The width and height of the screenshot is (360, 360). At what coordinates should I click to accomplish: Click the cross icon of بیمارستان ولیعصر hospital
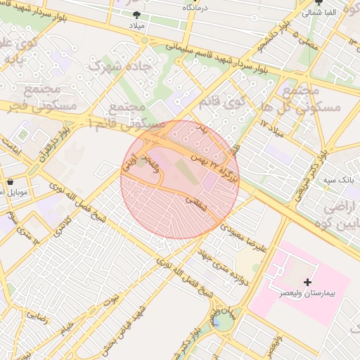307,281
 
